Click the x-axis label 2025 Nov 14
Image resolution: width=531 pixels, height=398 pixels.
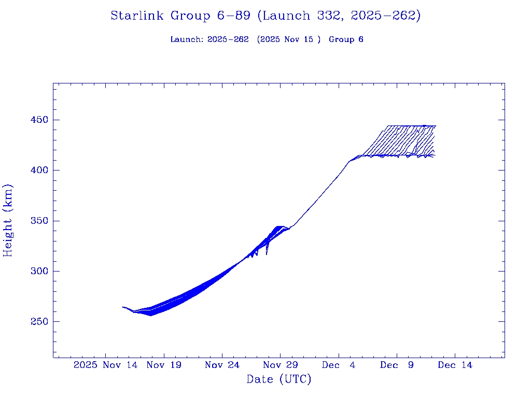(106, 365)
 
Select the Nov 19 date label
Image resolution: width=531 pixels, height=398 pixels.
(164, 365)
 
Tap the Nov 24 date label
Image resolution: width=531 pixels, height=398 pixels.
(222, 365)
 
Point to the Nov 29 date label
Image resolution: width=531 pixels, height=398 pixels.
(280, 365)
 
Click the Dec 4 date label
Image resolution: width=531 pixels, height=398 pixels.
(339, 365)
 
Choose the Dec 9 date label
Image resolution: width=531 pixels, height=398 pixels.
(397, 365)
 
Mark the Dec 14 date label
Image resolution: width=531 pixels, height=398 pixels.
(455, 365)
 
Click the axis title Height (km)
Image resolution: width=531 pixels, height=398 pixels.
(8, 220)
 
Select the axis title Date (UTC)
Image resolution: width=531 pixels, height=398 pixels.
(279, 379)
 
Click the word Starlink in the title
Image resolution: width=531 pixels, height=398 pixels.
(138, 16)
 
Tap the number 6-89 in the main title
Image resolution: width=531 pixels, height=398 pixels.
(231, 16)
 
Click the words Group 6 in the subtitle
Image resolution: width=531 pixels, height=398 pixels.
(346, 39)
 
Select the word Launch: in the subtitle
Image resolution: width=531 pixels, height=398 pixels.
(187, 39)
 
